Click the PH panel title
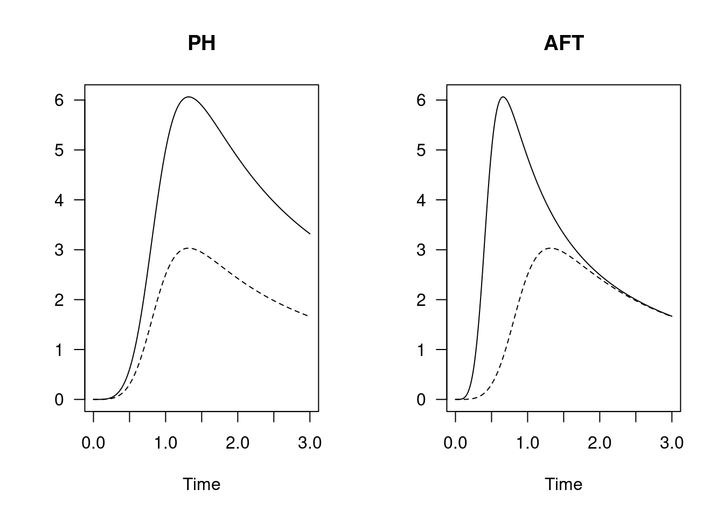tap(201, 43)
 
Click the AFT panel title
tap(563, 43)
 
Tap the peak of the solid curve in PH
tap(189, 97)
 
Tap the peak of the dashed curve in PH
tap(188, 248)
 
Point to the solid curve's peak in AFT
tap(503, 97)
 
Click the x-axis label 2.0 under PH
tap(238, 443)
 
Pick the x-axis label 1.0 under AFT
tap(527, 443)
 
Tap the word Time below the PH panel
tap(201, 484)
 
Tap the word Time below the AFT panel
tap(563, 484)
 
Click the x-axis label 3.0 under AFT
tap(671, 443)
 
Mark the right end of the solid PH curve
tap(310, 233)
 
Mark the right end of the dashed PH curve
tap(309, 316)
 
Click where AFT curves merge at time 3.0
tap(671, 316)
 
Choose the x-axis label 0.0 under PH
tap(93, 443)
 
